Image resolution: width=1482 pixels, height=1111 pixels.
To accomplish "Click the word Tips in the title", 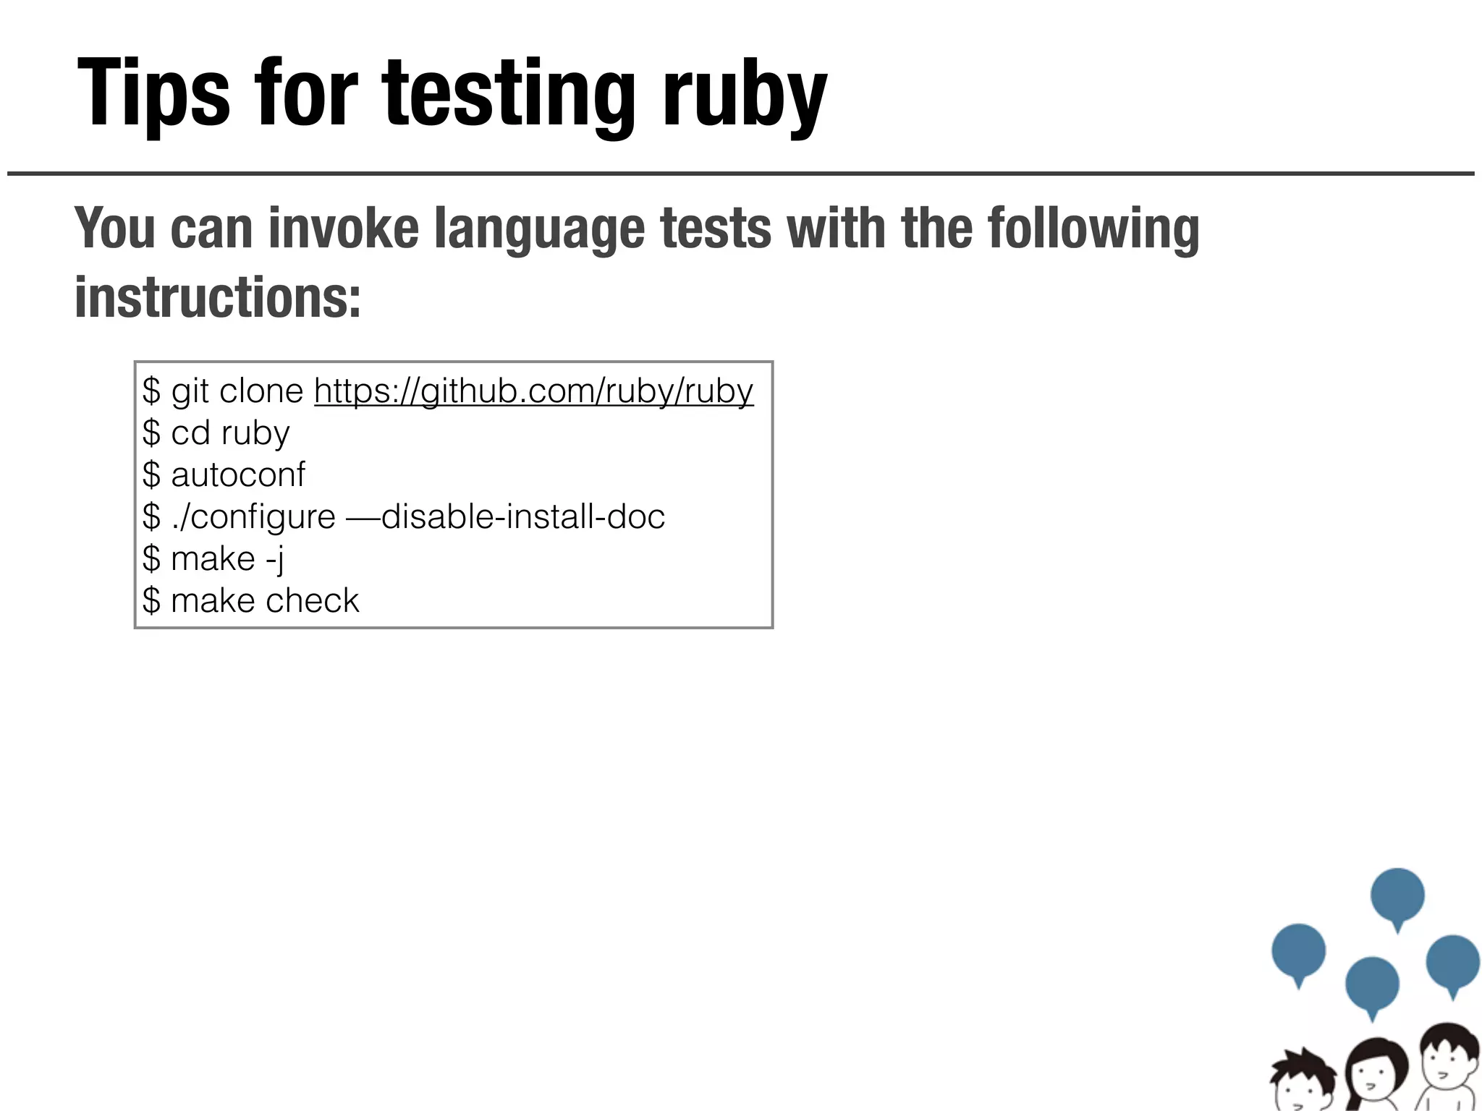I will (153, 94).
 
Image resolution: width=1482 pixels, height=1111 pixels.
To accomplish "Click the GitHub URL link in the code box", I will (533, 391).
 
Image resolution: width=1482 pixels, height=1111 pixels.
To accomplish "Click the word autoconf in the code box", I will (238, 475).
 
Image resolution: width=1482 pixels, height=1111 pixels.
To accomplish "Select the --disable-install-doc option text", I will (505, 517).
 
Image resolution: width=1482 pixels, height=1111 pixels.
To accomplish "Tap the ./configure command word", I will (253, 517).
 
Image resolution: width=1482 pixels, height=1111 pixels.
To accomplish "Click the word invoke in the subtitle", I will (343, 229).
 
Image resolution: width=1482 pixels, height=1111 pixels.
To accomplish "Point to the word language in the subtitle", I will (539, 229).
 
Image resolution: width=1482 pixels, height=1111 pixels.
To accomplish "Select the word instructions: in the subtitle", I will (217, 297).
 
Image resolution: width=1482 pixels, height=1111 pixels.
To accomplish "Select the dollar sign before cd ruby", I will (151, 433).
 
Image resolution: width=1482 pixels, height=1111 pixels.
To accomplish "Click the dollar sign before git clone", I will (151, 391).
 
